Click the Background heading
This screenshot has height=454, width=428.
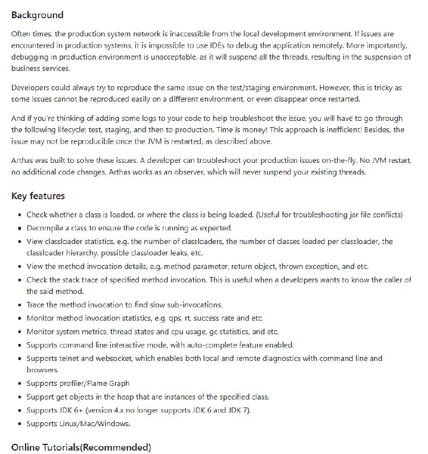click(38, 15)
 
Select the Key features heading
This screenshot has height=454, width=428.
click(38, 196)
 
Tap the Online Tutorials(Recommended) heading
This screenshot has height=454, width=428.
click(81, 447)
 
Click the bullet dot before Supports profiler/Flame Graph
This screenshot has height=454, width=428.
click(20, 384)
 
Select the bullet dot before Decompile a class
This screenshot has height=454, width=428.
click(20, 228)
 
